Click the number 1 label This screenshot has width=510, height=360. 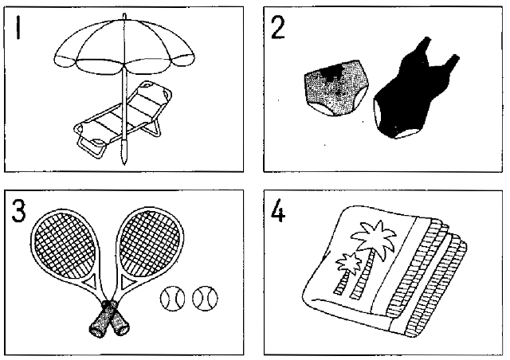tap(18, 28)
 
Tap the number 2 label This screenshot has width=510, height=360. tap(278, 28)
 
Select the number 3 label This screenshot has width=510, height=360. tap(18, 211)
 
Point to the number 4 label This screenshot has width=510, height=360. tap(278, 211)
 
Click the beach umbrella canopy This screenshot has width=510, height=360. tap(124, 45)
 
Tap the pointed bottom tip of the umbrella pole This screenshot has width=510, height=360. tap(124, 163)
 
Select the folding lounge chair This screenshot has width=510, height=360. tap(122, 119)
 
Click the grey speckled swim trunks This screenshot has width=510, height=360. tap(336, 87)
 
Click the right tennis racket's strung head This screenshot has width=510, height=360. tap(150, 242)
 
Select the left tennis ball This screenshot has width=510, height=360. tap(172, 298)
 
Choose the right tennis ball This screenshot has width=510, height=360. tap(206, 298)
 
